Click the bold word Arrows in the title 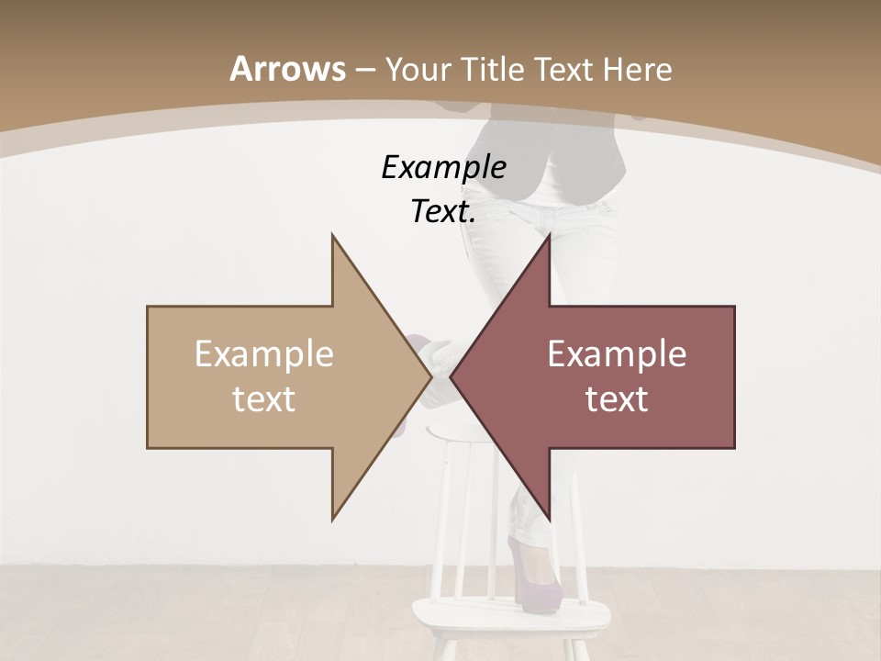click(x=287, y=69)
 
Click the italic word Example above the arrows click(x=443, y=167)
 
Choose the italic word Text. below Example click(x=443, y=211)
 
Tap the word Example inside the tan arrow click(x=264, y=354)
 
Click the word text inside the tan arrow click(x=264, y=399)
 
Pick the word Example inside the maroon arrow click(x=617, y=354)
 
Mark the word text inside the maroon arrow click(x=617, y=399)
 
